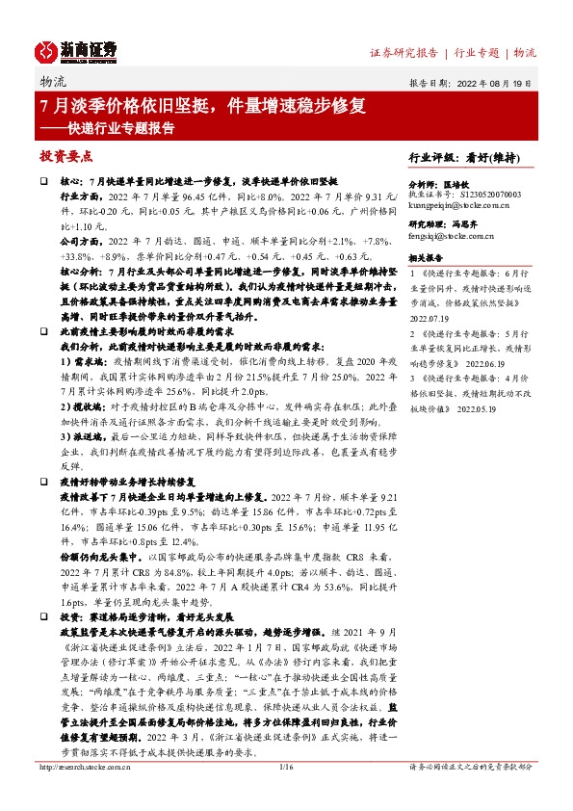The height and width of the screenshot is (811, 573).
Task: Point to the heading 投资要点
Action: pos(65,154)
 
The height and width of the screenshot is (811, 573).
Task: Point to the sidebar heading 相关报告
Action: pos(426,259)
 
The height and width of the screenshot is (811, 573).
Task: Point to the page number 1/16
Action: pos(285,794)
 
